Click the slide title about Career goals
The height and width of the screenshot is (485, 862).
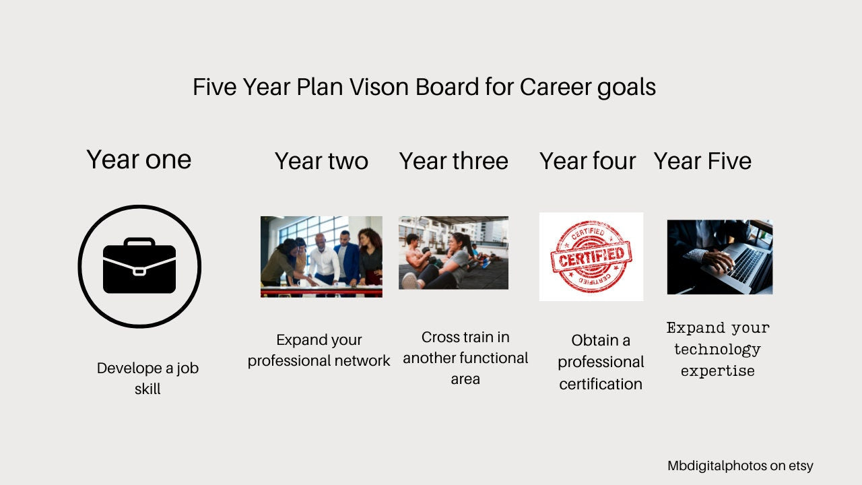[x=424, y=88]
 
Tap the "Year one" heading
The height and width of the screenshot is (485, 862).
[x=139, y=160]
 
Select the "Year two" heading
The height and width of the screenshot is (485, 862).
[x=321, y=162]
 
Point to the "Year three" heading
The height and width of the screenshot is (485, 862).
[x=453, y=162]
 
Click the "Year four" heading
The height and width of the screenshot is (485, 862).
[x=587, y=162]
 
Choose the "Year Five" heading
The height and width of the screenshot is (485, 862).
[x=702, y=162]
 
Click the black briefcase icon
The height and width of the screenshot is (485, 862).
[x=139, y=266]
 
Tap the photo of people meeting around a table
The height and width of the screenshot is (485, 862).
[x=321, y=257]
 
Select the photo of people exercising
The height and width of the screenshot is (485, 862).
[x=453, y=253]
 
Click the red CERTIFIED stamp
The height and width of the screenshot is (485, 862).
[x=591, y=256]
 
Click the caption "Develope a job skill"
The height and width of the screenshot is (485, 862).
[x=147, y=379]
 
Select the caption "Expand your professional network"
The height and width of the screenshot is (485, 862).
[x=319, y=350]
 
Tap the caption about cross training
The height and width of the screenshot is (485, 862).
[x=465, y=358]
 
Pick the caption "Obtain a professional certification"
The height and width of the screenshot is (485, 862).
[x=601, y=362]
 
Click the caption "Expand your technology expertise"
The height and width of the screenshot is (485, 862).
[x=718, y=350]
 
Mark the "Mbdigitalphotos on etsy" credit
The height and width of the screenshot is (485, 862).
[x=740, y=466]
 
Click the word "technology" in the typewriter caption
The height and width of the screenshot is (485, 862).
[x=717, y=350]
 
